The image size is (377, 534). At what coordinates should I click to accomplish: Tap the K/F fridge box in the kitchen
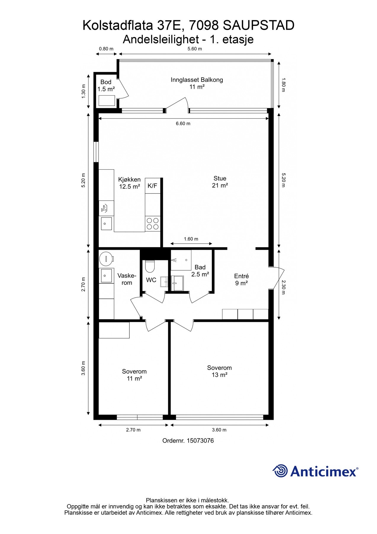pyautogui.click(x=153, y=186)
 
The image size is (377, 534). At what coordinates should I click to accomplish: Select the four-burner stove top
pyautogui.click(x=153, y=224)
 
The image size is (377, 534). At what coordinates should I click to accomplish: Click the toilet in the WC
pyautogui.click(x=150, y=266)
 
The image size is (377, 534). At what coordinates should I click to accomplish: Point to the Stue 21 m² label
pyautogui.click(x=220, y=182)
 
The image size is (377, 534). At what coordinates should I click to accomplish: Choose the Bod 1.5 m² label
pyautogui.click(x=106, y=85)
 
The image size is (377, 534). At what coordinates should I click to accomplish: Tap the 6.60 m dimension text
pyautogui.click(x=183, y=123)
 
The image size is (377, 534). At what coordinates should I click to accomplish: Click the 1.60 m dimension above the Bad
pyautogui.click(x=191, y=239)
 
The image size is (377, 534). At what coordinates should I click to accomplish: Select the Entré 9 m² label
pyautogui.click(x=241, y=280)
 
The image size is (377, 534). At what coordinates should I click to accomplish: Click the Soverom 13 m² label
pyautogui.click(x=219, y=371)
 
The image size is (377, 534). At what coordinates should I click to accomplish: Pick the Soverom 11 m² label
pyautogui.click(x=134, y=375)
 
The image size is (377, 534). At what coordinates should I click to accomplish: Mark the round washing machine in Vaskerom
pyautogui.click(x=106, y=259)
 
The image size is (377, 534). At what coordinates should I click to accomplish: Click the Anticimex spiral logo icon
pyautogui.click(x=280, y=471)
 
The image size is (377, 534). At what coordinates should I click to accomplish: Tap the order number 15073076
pyautogui.click(x=200, y=441)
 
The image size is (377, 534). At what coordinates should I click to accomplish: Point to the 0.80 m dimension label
pyautogui.click(x=106, y=49)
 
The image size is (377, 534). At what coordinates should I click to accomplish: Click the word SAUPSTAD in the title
pyautogui.click(x=259, y=26)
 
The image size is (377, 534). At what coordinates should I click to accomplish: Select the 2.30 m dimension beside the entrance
pyautogui.click(x=283, y=287)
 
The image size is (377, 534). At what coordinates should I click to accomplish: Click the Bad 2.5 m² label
pyautogui.click(x=200, y=271)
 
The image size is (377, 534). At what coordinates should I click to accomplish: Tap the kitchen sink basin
pyautogui.click(x=106, y=223)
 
